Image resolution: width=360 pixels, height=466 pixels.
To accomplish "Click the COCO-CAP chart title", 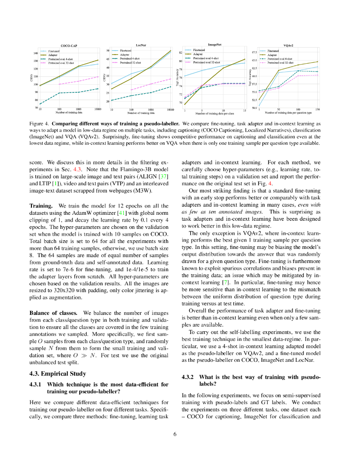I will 68,46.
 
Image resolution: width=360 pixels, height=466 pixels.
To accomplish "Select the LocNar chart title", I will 141,45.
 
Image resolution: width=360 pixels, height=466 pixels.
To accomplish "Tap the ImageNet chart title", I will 215,45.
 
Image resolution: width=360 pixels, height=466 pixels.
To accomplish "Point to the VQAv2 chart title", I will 288,46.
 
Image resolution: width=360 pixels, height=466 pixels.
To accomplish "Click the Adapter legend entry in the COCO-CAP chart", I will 52,55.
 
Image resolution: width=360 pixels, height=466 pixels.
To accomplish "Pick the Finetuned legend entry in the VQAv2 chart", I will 273,51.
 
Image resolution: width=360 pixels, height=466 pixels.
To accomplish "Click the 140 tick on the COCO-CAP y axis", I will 35,53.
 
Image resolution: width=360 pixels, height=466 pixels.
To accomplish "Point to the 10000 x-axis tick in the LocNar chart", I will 170,110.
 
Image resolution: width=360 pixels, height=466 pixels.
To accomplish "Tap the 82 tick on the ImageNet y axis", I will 181,53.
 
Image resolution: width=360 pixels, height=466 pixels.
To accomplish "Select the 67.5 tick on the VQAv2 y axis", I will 254,52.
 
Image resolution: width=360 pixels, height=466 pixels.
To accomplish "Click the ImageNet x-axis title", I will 214,113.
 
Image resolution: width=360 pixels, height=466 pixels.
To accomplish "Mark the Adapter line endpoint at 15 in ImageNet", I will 245,59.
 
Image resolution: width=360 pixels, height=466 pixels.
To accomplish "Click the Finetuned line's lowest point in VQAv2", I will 259,106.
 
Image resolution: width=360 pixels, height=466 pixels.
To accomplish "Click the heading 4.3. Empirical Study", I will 57,374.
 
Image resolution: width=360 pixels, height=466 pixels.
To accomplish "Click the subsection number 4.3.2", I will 188,377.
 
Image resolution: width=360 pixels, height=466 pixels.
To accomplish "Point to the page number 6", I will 175,434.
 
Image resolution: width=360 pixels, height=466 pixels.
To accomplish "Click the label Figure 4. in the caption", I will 39,124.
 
